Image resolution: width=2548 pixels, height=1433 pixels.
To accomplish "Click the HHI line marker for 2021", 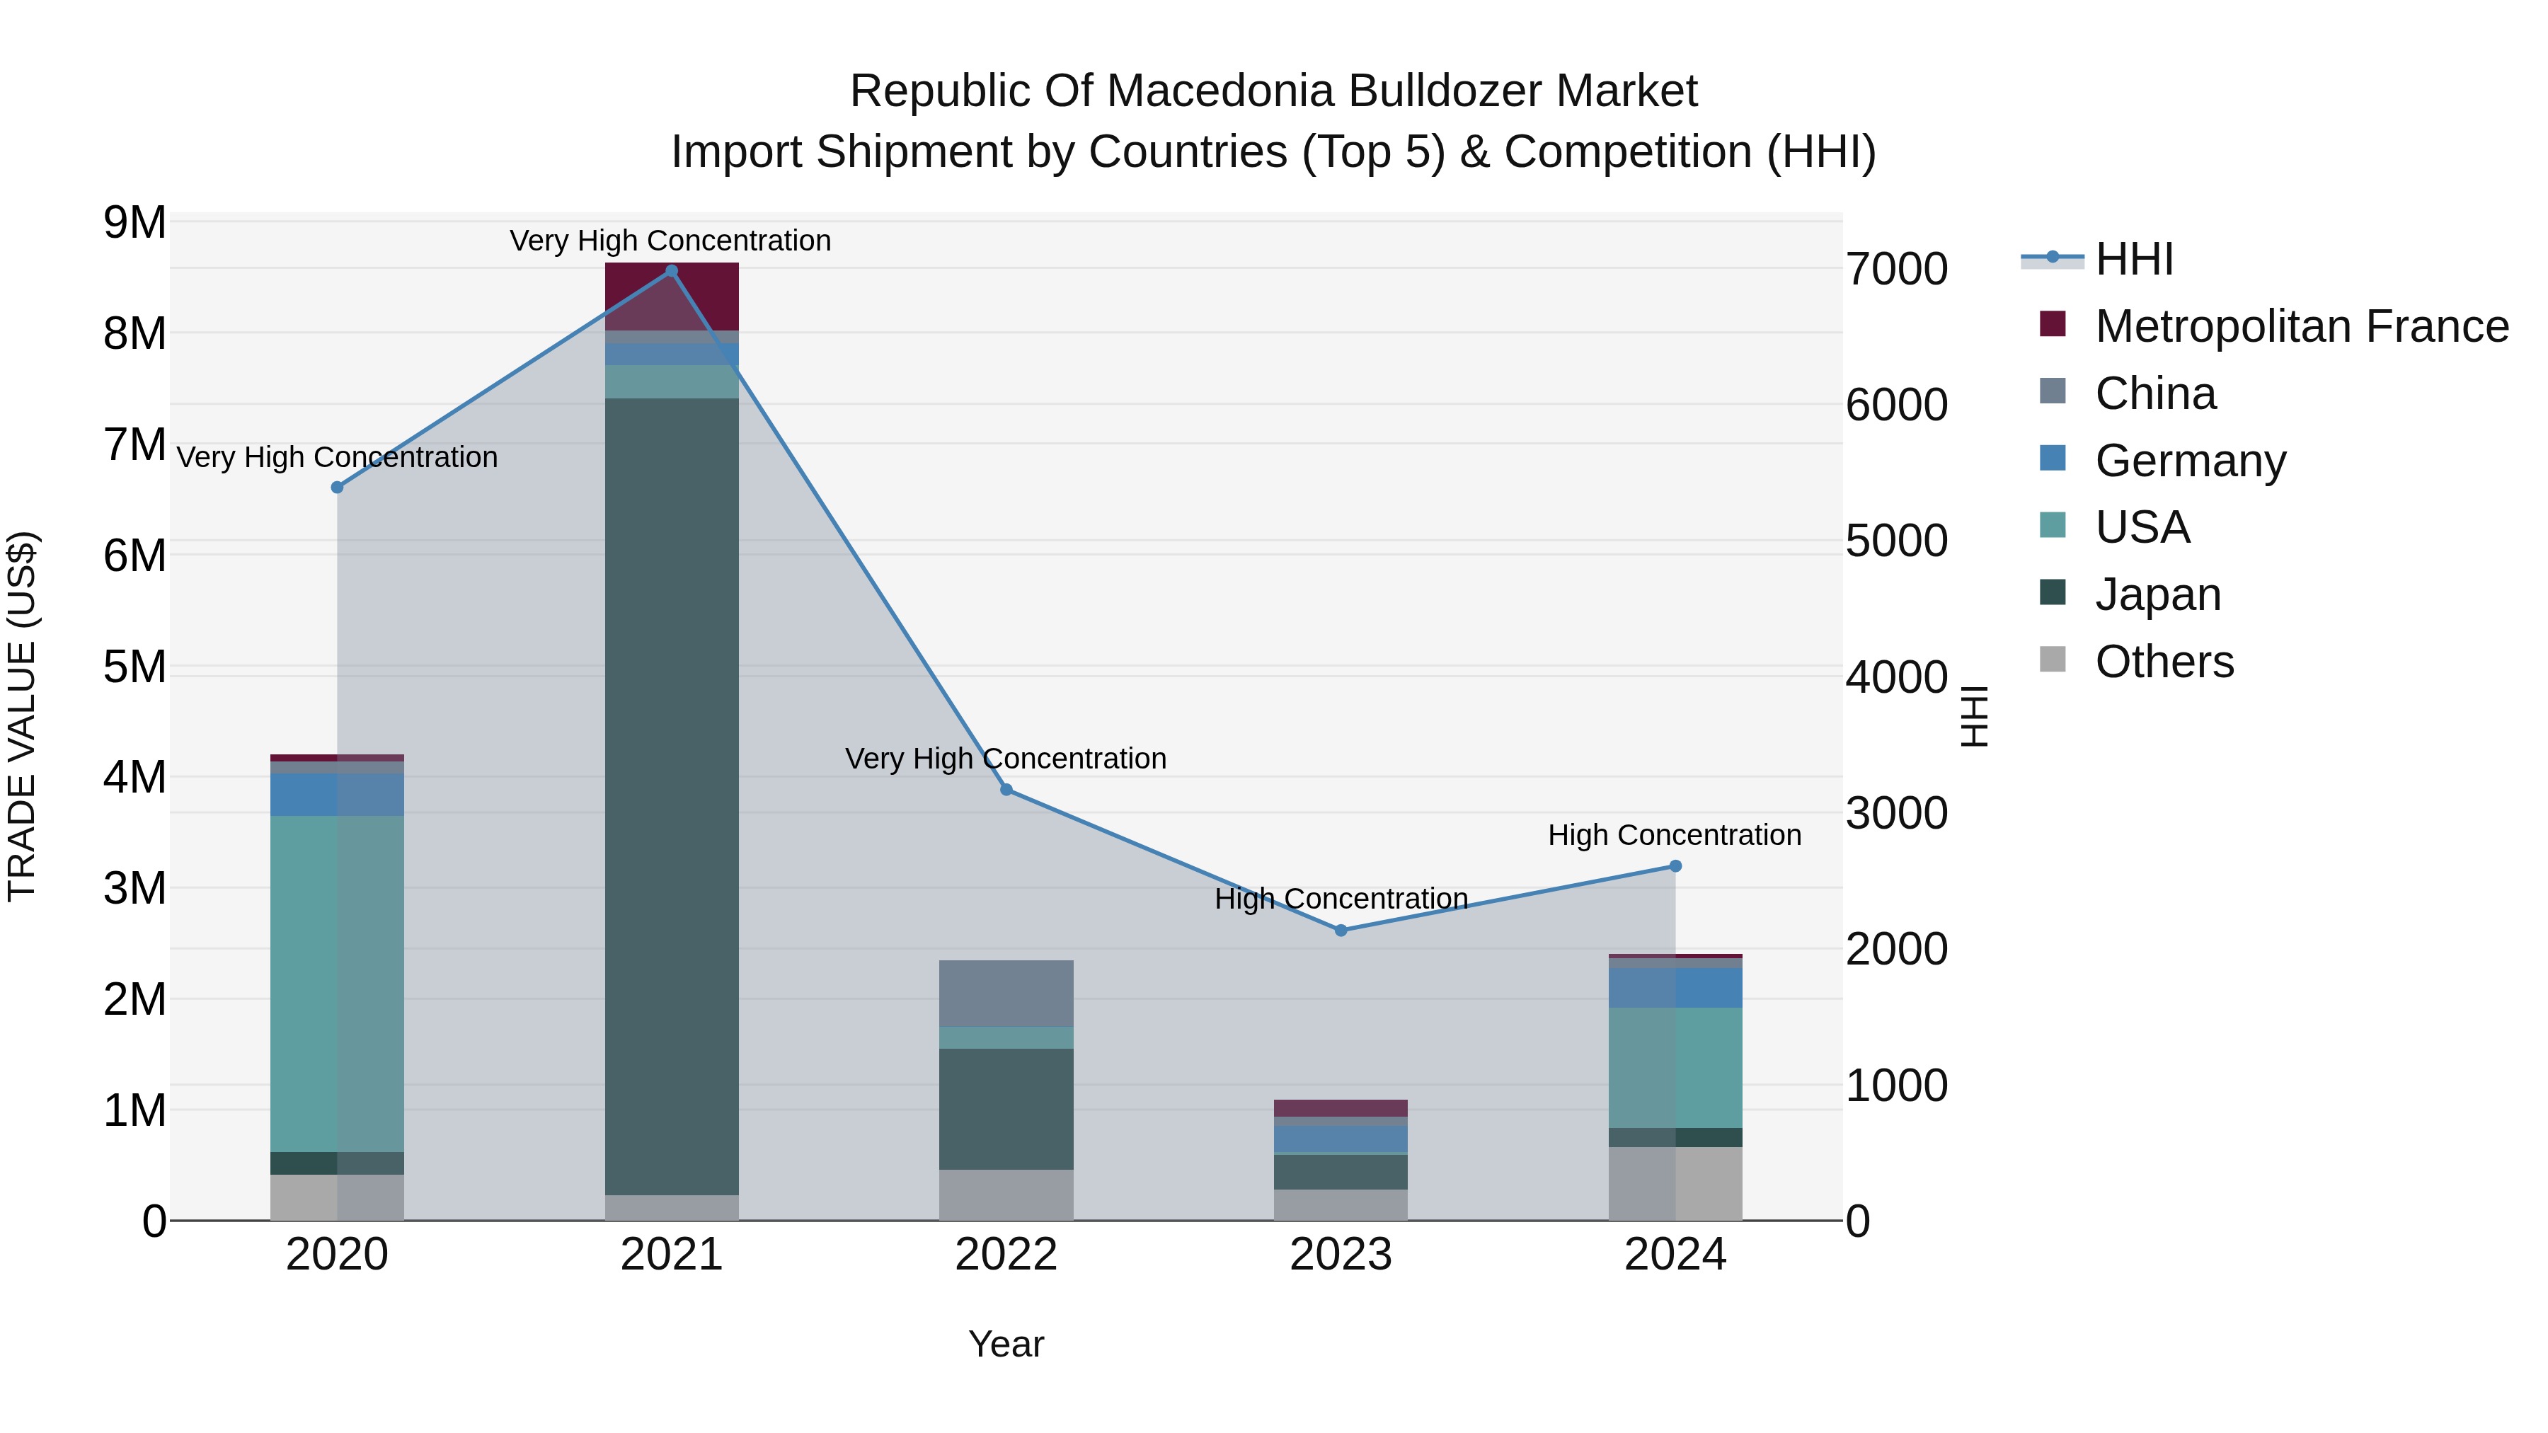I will pyautogui.click(x=672, y=271).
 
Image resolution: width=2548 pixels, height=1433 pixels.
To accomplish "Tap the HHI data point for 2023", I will pyautogui.click(x=1341, y=931).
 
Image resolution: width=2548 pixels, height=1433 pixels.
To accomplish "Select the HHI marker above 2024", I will pyautogui.click(x=1675, y=866).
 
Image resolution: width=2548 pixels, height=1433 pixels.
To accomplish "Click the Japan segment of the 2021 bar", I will pyautogui.click(x=672, y=796).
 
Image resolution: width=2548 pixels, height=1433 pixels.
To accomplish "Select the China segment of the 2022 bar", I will pyautogui.click(x=1006, y=993).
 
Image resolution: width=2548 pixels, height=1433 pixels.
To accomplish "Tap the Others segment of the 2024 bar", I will pyautogui.click(x=1675, y=1184).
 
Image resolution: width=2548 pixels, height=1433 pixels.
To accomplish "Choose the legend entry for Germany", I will pyautogui.click(x=2190, y=461).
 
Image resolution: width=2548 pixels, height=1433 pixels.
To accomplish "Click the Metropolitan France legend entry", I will pyautogui.click(x=2301, y=326).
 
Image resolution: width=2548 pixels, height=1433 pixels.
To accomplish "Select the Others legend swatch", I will pyautogui.click(x=2053, y=660).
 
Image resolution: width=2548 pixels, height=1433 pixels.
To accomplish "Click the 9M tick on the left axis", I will pyautogui.click(x=135, y=222).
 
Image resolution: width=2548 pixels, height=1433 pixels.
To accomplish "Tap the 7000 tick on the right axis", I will pyautogui.click(x=1896, y=269).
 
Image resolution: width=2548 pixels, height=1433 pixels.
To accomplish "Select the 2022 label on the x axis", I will pyautogui.click(x=1006, y=1255).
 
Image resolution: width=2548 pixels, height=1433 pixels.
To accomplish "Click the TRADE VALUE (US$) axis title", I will pyautogui.click(x=22, y=716).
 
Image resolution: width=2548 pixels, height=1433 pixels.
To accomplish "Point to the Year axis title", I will pyautogui.click(x=1006, y=1344).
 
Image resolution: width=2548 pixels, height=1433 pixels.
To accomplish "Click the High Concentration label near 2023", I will pyautogui.click(x=1341, y=899).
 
